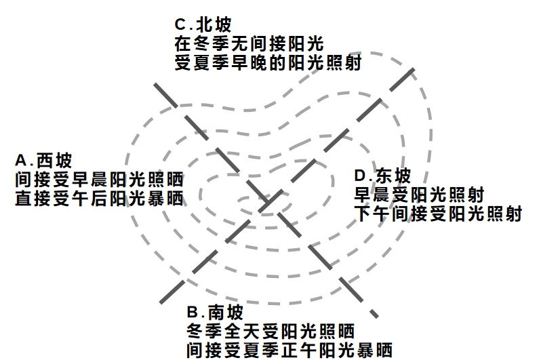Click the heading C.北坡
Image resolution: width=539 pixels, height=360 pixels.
point(203,25)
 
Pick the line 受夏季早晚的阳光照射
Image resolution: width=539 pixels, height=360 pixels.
point(267,63)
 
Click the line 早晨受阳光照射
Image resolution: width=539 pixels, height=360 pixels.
point(419,195)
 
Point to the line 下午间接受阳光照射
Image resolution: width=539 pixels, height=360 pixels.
point(438,214)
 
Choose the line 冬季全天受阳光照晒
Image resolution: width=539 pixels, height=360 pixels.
point(271,332)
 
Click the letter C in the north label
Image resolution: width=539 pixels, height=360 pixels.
point(180,25)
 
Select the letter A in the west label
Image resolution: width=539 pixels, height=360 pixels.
point(20,161)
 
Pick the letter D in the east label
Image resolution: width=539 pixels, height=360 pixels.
point(359,176)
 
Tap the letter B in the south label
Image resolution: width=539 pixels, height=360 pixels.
point(193,313)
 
